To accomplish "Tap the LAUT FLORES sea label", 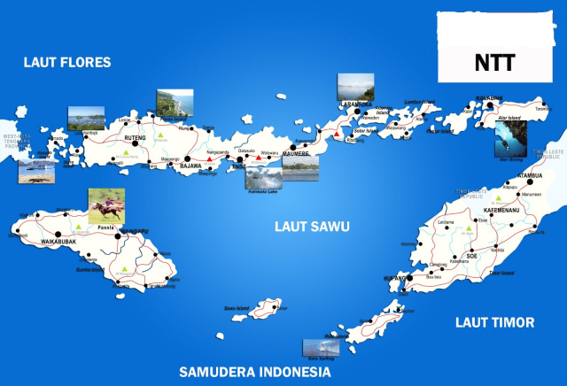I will click(x=67, y=62).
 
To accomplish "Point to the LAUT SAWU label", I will click(x=311, y=228).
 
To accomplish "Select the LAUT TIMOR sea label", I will click(x=495, y=323).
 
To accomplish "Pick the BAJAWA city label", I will click(x=191, y=166).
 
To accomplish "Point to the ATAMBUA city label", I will click(x=533, y=175).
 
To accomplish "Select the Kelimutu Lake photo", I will click(x=261, y=174).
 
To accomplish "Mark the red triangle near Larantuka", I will click(x=336, y=135).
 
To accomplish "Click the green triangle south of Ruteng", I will click(x=128, y=154).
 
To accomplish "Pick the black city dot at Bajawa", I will click(x=186, y=161).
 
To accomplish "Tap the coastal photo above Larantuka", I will click(x=354, y=88).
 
